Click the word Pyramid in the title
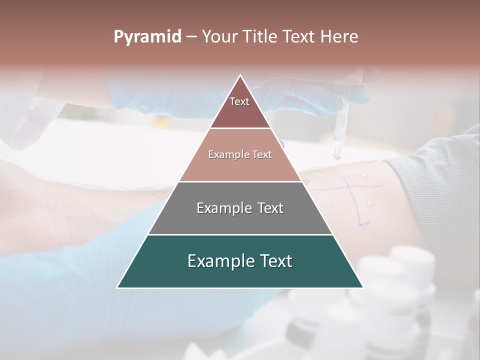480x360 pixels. (x=147, y=37)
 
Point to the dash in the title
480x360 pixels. (x=191, y=37)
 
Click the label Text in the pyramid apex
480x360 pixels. (x=239, y=101)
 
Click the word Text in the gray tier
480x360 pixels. (x=268, y=208)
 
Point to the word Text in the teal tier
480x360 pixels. (x=274, y=261)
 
